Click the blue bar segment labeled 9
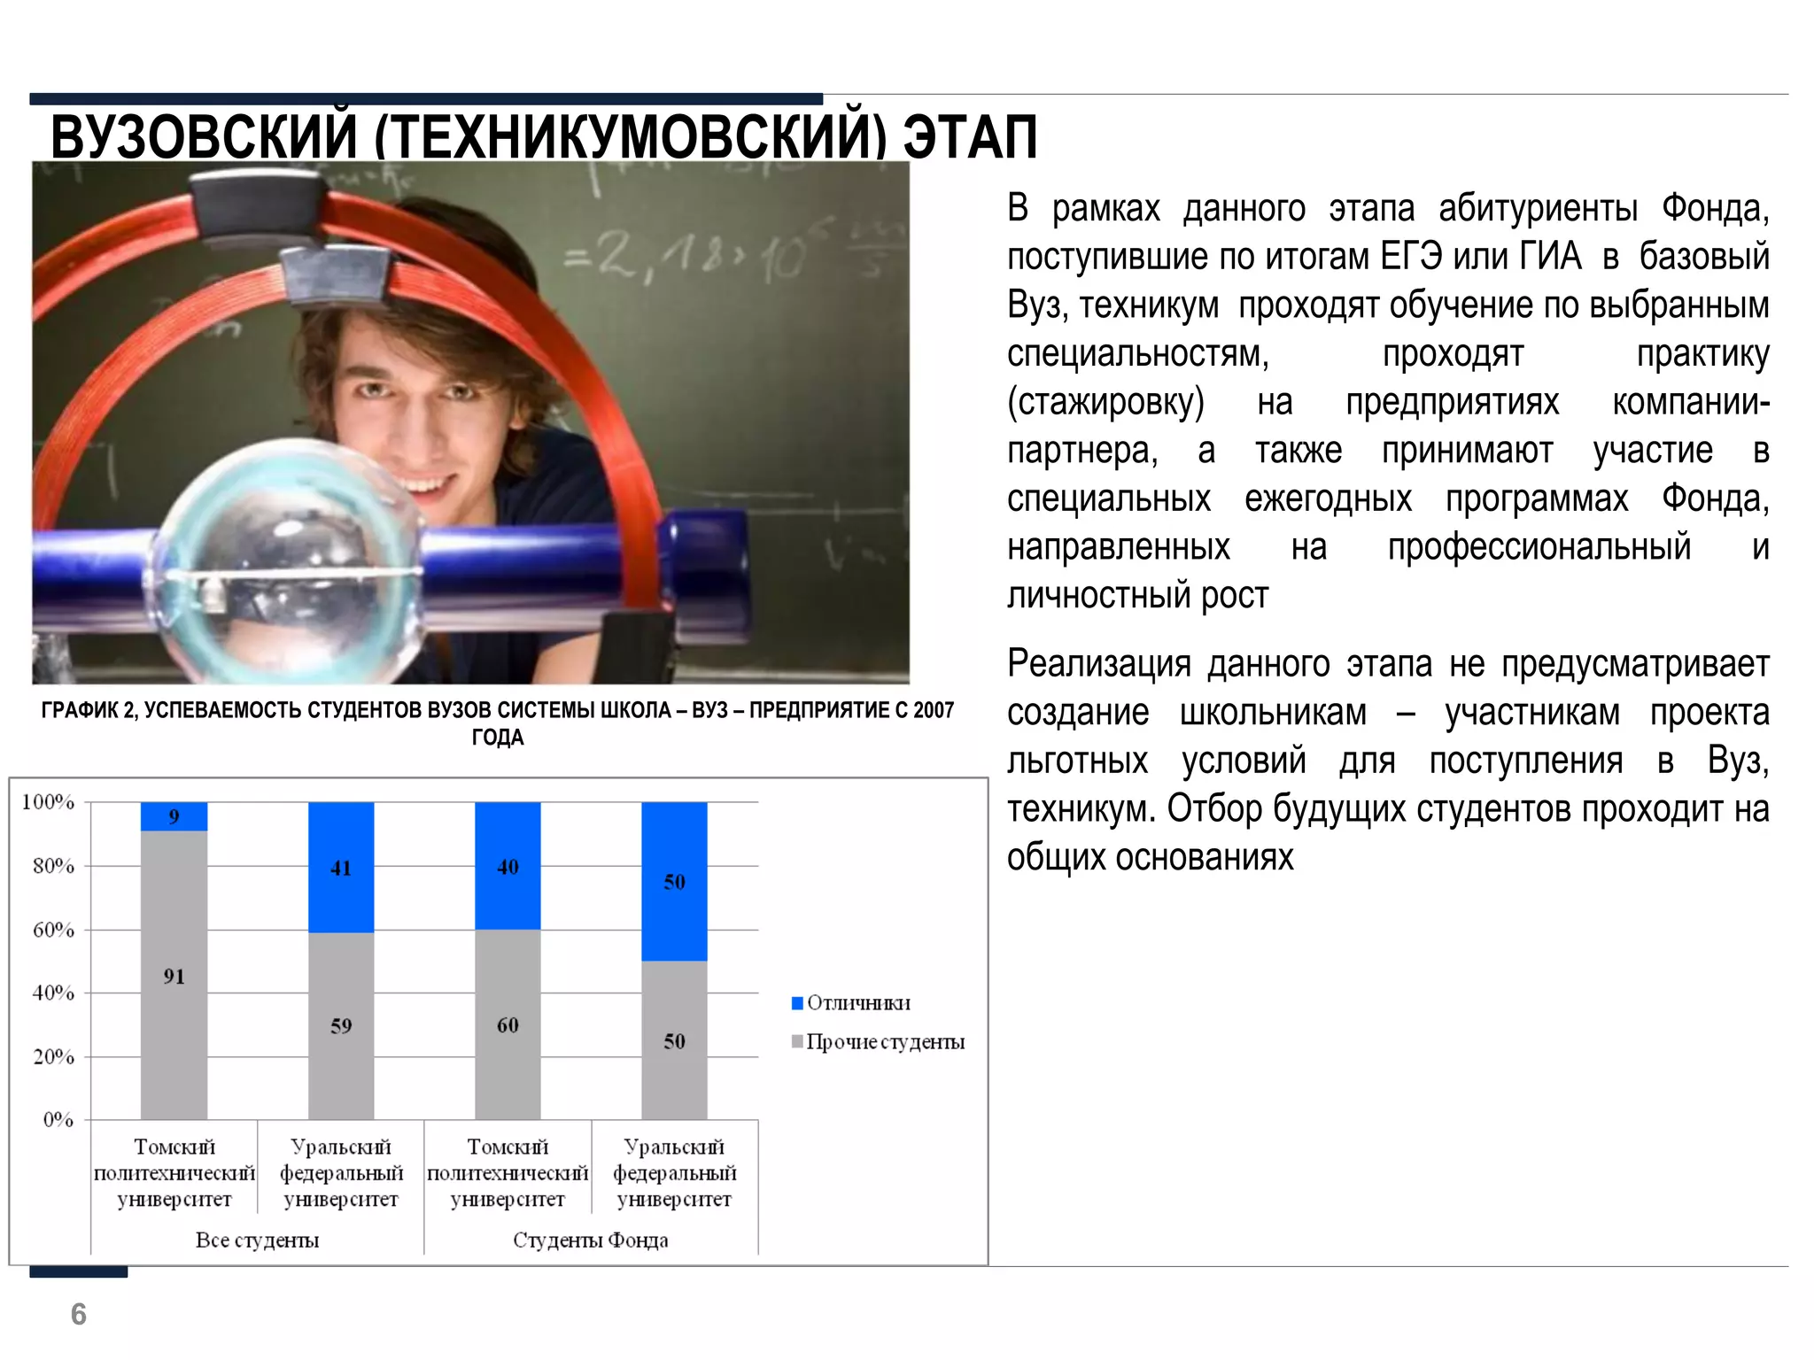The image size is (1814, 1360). [174, 816]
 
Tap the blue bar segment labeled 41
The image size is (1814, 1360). [341, 868]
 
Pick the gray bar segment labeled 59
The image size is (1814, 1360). [341, 1025]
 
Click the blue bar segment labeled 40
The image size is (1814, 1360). [508, 866]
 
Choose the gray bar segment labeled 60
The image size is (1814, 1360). [508, 1024]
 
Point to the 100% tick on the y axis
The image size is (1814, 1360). [48, 802]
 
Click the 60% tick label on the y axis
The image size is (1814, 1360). [53, 930]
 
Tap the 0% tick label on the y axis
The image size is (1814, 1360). [58, 1120]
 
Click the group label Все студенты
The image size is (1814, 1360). [257, 1240]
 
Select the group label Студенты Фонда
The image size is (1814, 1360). [590, 1240]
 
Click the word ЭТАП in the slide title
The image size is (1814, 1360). [970, 138]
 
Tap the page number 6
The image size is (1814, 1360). [79, 1314]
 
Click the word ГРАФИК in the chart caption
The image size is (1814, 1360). [81, 710]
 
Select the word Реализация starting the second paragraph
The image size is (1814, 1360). [1098, 664]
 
